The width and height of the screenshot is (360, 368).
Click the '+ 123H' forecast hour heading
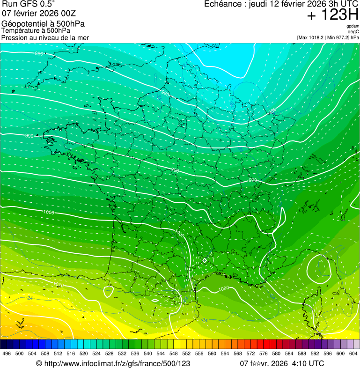[332, 15]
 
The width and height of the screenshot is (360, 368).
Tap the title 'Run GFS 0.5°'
[28, 5]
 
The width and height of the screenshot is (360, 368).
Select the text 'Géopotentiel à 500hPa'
[43, 24]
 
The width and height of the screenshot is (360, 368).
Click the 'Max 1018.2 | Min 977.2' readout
[324, 37]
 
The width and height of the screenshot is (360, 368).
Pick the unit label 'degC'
[354, 32]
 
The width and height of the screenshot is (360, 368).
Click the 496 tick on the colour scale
[7, 354]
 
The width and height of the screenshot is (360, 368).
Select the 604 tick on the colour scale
[353, 354]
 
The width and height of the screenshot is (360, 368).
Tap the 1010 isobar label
[59, 284]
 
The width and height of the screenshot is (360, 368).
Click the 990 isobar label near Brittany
[29, 136]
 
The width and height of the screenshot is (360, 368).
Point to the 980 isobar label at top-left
[39, 54]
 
